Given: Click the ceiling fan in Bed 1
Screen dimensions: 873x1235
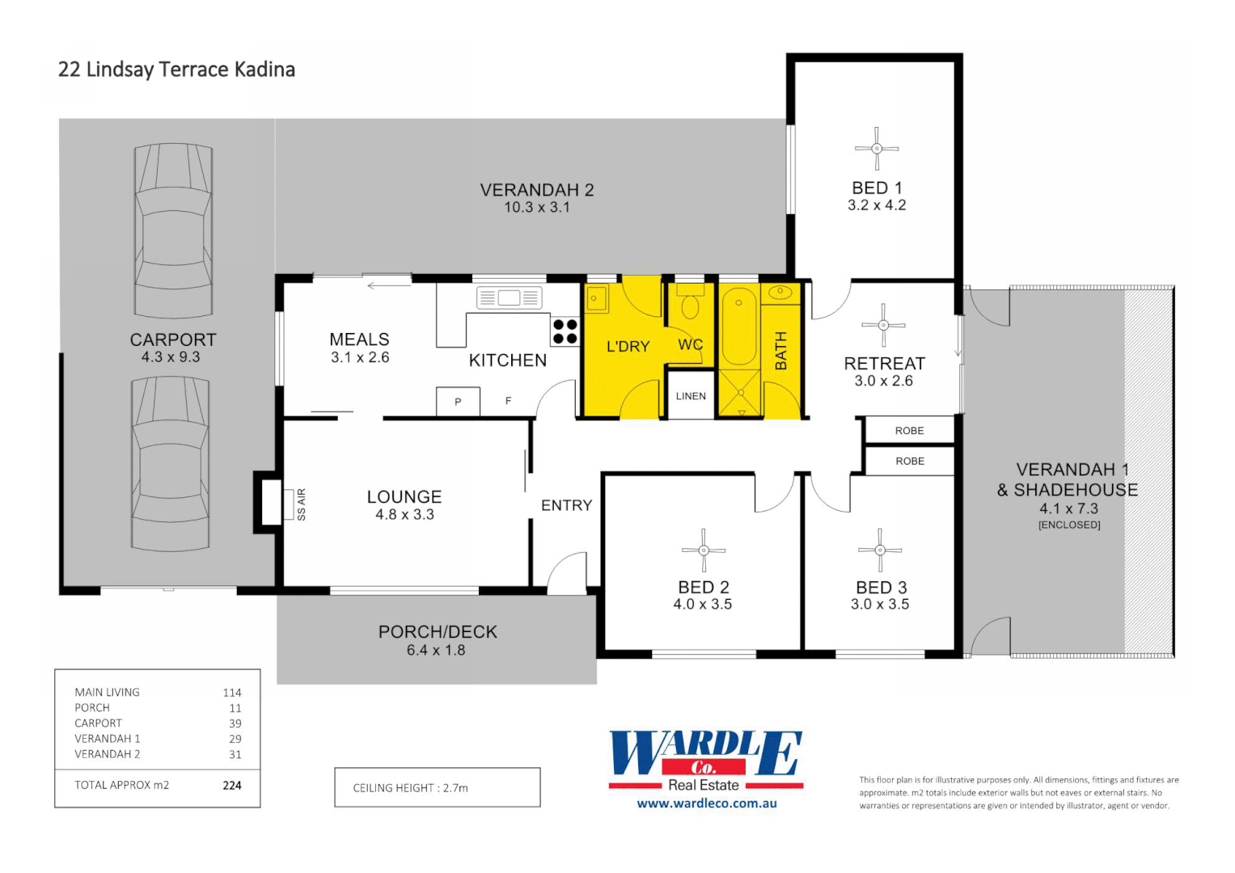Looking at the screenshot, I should pos(877,148).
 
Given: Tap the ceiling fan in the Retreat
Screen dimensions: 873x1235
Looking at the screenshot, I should pos(883,325).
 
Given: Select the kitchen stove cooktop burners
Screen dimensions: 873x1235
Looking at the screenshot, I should pos(565,331).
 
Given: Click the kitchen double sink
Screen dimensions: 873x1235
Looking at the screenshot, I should pos(509,297).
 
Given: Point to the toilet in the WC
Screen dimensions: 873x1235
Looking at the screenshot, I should pos(690,306).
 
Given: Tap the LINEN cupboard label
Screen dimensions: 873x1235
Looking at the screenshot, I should pos(691,396).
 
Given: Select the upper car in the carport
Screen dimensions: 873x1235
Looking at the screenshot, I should pos(173,230).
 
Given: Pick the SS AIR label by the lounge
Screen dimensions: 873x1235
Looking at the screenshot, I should pos(301,504).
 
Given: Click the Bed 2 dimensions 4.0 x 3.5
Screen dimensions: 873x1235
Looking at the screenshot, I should pos(702,605).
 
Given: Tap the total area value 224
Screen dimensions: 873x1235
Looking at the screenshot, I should pos(232,785).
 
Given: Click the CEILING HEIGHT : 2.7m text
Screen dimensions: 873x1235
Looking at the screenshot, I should pos(410,788).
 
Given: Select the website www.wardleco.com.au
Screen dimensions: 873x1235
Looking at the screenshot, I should pos(706,803).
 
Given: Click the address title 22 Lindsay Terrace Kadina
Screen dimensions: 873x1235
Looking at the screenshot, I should pos(176,70).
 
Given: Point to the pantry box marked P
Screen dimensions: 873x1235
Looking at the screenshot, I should pos(458,402).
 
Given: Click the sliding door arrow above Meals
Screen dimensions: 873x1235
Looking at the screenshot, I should pos(388,285).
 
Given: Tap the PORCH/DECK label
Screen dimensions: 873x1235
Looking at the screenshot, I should pos(438,632).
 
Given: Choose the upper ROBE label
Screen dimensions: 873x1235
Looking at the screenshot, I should pos(909,431).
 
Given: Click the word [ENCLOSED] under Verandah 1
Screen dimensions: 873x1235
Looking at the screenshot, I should pos(1069,525).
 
